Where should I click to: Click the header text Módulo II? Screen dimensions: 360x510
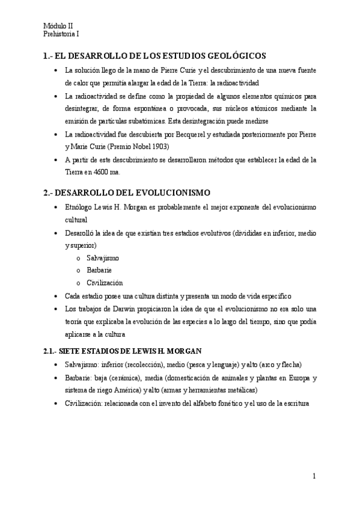tap(58, 26)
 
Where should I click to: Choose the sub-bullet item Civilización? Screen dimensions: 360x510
tap(105, 283)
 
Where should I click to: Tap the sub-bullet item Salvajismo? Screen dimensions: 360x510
tap(103, 257)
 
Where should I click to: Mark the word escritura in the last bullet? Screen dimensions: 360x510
tap(294, 404)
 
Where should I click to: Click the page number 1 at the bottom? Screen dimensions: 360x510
tap(314, 477)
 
